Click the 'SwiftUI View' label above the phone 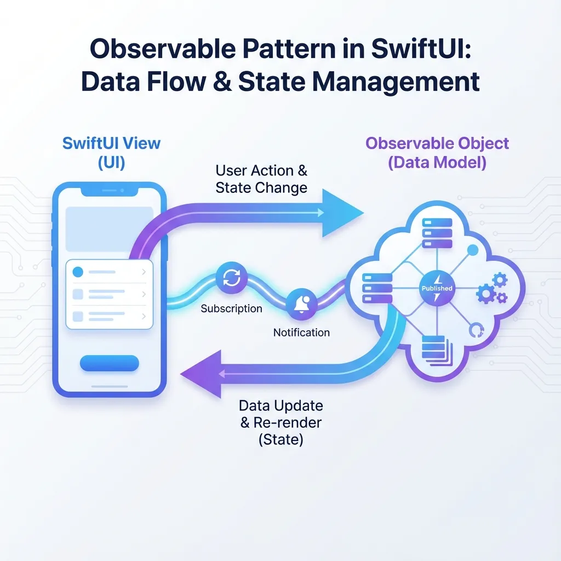(111, 144)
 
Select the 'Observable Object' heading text (437, 144)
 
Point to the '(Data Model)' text (437, 163)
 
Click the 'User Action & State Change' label (261, 179)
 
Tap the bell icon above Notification (302, 303)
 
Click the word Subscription (231, 309)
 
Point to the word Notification (301, 333)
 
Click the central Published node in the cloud (437, 289)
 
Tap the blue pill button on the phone (110, 363)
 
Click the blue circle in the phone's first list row (78, 271)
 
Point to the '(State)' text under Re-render (280, 439)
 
